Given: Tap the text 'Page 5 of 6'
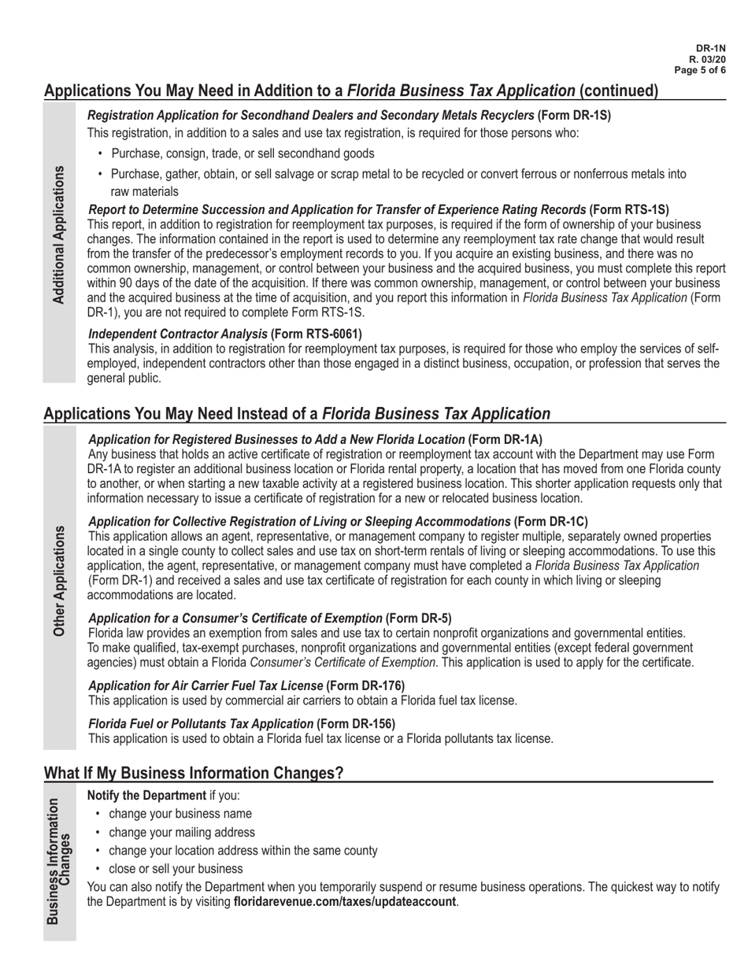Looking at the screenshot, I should pyautogui.click(x=700, y=70).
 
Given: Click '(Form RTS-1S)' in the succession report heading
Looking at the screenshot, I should pyautogui.click(x=629, y=209).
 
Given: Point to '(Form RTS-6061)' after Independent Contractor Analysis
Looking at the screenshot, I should pyautogui.click(x=317, y=334).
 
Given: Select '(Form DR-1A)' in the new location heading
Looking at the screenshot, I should pyautogui.click(x=505, y=439).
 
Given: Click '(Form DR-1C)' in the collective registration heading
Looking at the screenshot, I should pyautogui.click(x=550, y=521).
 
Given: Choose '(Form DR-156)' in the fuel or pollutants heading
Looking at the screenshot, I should pyautogui.click(x=356, y=723).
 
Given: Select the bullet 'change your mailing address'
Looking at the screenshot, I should pyautogui.click(x=182, y=832).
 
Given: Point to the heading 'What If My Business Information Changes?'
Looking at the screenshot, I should pyautogui.click(x=194, y=773).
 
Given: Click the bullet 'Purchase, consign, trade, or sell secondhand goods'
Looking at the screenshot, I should pyautogui.click(x=243, y=153).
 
